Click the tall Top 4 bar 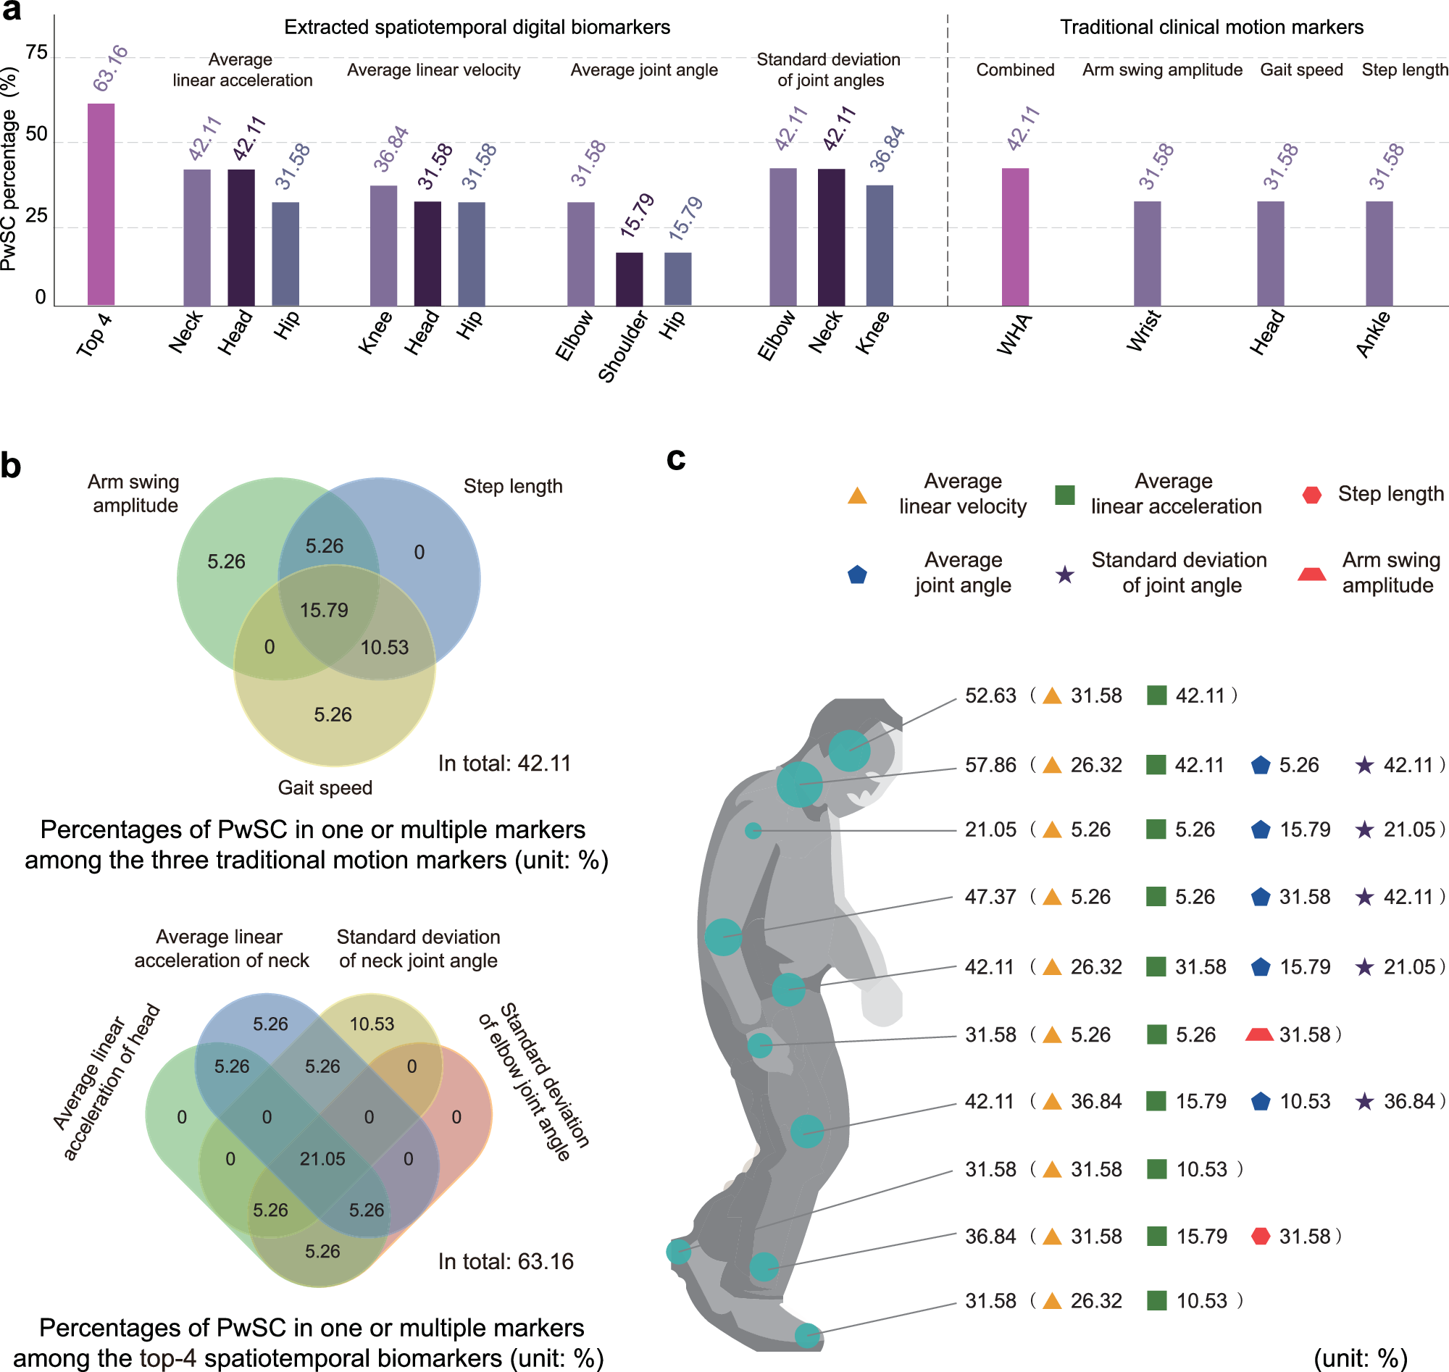click(x=101, y=205)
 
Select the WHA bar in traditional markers click(x=1014, y=237)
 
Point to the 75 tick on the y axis click(x=36, y=53)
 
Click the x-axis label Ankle click(x=1373, y=334)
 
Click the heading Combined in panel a click(x=1014, y=70)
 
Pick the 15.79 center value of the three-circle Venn click(x=324, y=610)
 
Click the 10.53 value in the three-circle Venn click(x=385, y=647)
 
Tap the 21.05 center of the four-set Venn click(x=322, y=1159)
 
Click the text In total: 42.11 click(x=504, y=764)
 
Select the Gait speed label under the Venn click(x=325, y=787)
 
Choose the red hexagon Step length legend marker click(x=1311, y=495)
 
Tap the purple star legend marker click(x=1065, y=575)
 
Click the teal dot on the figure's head click(x=849, y=750)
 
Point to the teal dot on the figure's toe click(x=808, y=1336)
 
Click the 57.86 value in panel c click(x=990, y=766)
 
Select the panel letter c click(x=676, y=459)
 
